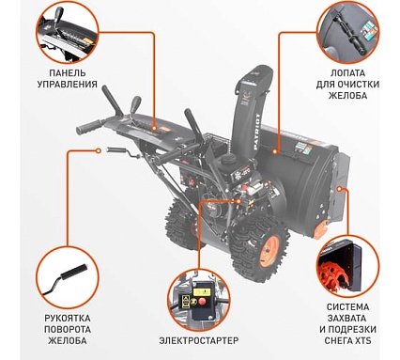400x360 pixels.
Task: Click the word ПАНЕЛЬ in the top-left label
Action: (68, 73)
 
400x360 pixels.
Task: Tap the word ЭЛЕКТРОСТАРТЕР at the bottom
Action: (199, 340)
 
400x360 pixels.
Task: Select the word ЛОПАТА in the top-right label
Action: (347, 73)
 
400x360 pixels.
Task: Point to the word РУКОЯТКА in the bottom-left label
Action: (68, 318)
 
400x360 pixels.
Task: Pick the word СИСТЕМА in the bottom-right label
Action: (347, 306)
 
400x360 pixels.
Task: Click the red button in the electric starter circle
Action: (202, 302)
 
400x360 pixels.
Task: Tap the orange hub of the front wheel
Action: (269, 250)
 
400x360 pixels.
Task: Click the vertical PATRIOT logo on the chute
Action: (256, 133)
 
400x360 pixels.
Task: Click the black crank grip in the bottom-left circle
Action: (73, 272)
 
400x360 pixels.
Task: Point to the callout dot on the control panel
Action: (154, 128)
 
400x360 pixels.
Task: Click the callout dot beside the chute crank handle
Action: (99, 150)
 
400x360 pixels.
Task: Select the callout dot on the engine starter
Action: (239, 201)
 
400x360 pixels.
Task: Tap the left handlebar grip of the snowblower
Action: (89, 126)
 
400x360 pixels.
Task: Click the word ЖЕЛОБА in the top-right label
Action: (347, 95)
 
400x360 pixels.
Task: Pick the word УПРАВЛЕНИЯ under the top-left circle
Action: (68, 85)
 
